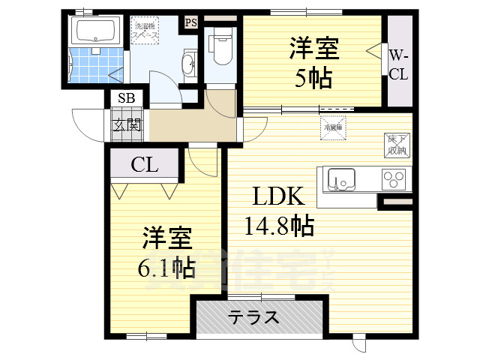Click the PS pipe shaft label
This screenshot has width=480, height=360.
click(190, 22)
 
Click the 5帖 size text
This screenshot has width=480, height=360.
click(313, 77)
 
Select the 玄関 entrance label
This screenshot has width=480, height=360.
click(127, 124)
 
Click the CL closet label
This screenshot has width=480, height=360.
click(145, 165)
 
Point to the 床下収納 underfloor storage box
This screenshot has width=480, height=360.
click(397, 145)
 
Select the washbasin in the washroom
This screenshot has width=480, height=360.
click(188, 64)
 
